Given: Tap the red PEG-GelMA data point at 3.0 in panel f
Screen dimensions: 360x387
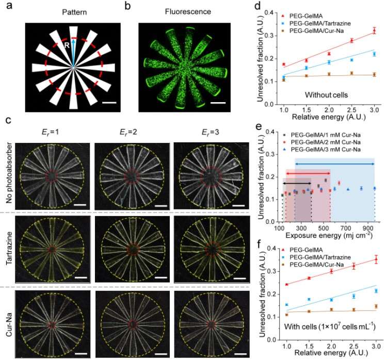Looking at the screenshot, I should tap(376, 259).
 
